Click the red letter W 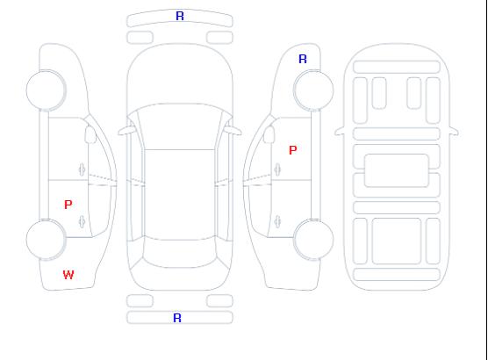pyautogui.click(x=68, y=275)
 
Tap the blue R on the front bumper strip pyautogui.click(x=180, y=16)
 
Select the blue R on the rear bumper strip pyautogui.click(x=177, y=318)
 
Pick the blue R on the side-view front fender pyautogui.click(x=303, y=59)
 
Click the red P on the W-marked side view pyautogui.click(x=68, y=205)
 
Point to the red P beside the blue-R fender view pyautogui.click(x=293, y=150)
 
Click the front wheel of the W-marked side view pyautogui.click(x=46, y=90)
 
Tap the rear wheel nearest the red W pyautogui.click(x=46, y=240)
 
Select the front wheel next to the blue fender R pyautogui.click(x=313, y=90)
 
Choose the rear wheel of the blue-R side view pyautogui.click(x=313, y=240)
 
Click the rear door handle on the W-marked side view pyautogui.click(x=82, y=221)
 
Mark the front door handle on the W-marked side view pyautogui.click(x=82, y=169)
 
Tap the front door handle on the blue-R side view pyautogui.click(x=277, y=169)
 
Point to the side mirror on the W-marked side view pyautogui.click(x=90, y=134)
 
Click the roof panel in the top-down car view pyautogui.click(x=180, y=195)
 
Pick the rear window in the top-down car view pyautogui.click(x=180, y=254)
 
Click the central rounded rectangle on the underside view pyautogui.click(x=397, y=170)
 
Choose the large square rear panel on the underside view pyautogui.click(x=397, y=241)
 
